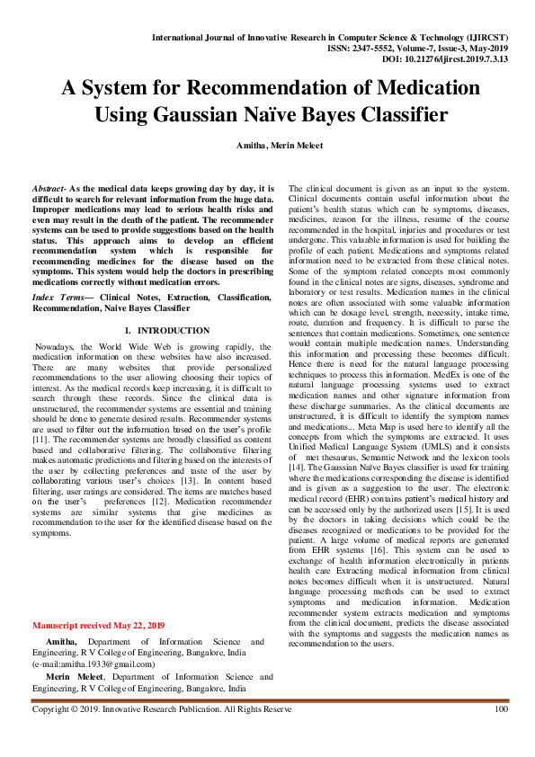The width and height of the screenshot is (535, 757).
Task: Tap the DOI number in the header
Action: (x=459, y=58)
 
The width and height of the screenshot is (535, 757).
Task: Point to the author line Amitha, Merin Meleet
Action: (x=267, y=145)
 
